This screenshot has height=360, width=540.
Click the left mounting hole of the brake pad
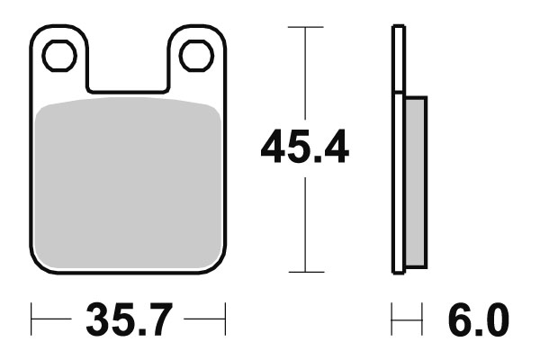pos(58,56)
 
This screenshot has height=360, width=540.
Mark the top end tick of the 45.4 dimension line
pos(305,27)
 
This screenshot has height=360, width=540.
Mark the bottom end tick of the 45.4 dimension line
pos(305,272)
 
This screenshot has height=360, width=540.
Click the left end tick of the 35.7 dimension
pos(31,319)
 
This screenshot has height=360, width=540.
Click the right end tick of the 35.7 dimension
pos(223,319)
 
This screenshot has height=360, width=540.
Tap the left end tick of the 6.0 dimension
pos(392,319)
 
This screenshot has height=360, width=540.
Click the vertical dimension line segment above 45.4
pos(305,76)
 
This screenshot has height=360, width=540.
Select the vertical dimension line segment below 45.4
pos(305,225)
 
